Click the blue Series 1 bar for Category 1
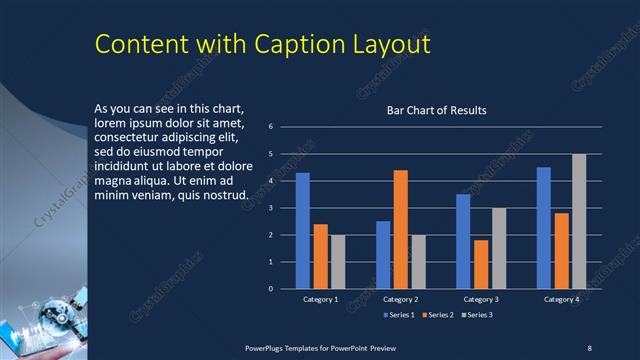[x=302, y=231]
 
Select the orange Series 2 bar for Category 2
[x=400, y=229]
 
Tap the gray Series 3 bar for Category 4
[x=579, y=221]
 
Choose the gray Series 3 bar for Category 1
[x=338, y=262]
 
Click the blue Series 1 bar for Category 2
[x=383, y=255]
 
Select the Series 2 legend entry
[x=437, y=315]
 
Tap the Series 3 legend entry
[x=475, y=315]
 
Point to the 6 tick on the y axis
[x=270, y=127]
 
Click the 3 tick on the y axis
[x=270, y=208]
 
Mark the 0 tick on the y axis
[x=270, y=289]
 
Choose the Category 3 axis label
[x=481, y=299]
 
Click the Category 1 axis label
[x=320, y=299]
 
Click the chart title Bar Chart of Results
[x=436, y=110]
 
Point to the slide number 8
[x=590, y=345]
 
